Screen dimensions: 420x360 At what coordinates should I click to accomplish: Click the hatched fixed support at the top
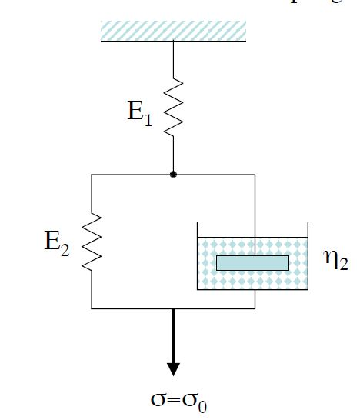173,30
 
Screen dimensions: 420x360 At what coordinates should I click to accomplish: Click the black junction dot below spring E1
173,175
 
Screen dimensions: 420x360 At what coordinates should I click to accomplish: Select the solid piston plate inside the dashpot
252,263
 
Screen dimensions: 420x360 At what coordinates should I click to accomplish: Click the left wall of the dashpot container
198,257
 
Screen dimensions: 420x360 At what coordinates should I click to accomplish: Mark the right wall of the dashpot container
308,257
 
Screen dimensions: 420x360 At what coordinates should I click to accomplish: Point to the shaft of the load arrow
173,331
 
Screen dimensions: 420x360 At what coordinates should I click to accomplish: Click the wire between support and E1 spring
173,58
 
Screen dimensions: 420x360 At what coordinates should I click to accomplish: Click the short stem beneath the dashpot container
252,299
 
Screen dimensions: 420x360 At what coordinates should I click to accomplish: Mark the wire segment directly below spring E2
92,288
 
